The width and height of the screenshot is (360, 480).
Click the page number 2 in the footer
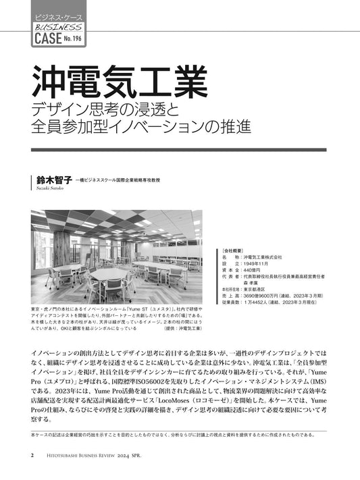[33, 454]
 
